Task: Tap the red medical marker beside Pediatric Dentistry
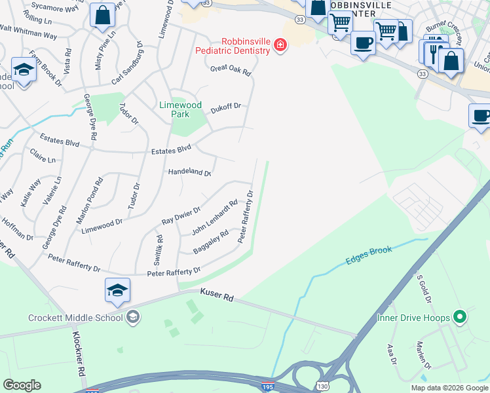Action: (x=280, y=45)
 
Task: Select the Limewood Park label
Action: (x=181, y=109)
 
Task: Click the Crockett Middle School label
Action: (x=75, y=318)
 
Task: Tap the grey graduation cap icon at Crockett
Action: (x=133, y=318)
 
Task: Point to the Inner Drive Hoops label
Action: (x=413, y=318)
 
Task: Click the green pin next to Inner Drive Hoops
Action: (x=460, y=318)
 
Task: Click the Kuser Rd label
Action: (x=218, y=297)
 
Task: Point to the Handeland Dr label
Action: (x=189, y=172)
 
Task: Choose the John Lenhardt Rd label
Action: (x=214, y=218)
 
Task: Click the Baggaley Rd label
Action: (x=211, y=242)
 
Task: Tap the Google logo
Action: (x=22, y=385)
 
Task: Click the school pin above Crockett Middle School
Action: (x=117, y=291)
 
